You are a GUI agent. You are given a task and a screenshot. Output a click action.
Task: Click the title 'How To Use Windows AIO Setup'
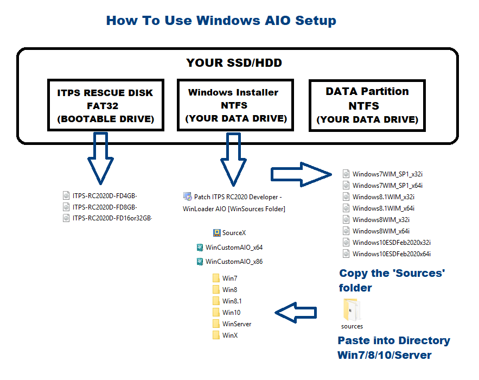(x=221, y=21)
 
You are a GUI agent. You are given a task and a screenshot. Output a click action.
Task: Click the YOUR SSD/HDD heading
(x=234, y=62)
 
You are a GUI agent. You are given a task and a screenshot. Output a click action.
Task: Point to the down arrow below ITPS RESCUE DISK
(x=100, y=159)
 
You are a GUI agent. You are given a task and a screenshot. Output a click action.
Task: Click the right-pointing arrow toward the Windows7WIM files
(x=301, y=175)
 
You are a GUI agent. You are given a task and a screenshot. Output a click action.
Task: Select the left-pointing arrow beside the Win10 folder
(x=296, y=313)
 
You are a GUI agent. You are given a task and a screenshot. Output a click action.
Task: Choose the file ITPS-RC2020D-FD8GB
(x=100, y=207)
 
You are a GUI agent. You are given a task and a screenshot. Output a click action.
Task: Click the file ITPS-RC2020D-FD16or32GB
(x=107, y=218)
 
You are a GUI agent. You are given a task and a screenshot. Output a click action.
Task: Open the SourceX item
(x=229, y=233)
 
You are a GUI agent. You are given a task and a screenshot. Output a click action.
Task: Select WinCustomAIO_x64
(x=229, y=248)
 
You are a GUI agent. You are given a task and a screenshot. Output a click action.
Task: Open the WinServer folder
(x=232, y=324)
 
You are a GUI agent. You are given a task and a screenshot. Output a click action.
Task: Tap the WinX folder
(x=225, y=335)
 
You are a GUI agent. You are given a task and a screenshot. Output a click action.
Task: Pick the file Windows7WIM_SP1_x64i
(x=383, y=185)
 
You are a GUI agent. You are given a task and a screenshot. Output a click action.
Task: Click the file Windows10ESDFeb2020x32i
(x=387, y=243)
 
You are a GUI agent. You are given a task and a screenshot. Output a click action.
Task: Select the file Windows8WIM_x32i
(x=376, y=219)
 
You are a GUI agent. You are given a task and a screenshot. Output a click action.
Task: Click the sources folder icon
(x=352, y=309)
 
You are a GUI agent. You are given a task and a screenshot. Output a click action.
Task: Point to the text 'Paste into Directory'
(x=394, y=340)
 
